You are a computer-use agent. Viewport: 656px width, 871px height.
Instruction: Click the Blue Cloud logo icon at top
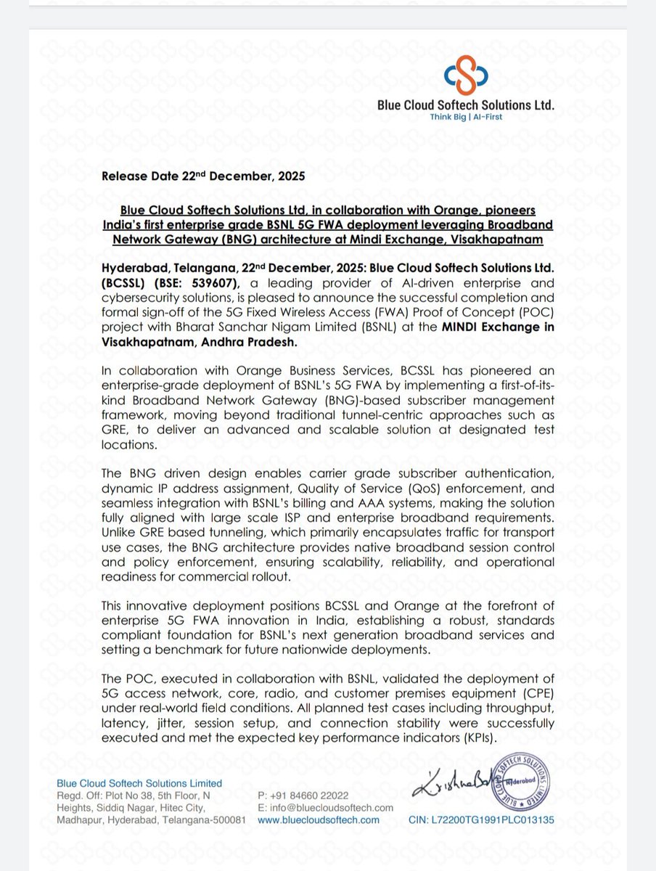pyautogui.click(x=465, y=75)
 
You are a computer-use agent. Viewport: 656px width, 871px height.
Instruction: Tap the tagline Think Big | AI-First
pyautogui.click(x=466, y=116)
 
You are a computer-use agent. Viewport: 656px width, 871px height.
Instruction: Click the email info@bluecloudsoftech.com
pyautogui.click(x=331, y=807)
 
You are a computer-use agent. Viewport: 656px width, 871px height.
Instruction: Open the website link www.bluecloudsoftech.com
pyautogui.click(x=319, y=819)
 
